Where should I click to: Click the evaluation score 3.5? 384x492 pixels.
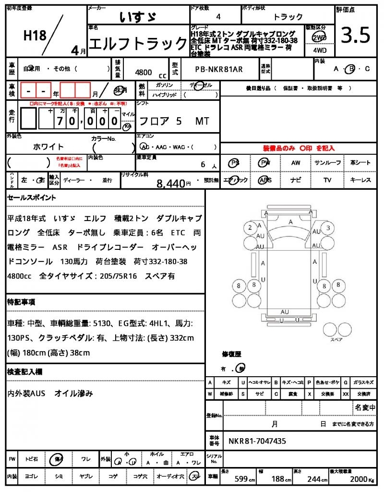click(x=356, y=35)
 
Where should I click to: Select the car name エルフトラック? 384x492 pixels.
click(x=138, y=44)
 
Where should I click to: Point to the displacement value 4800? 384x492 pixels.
click(x=144, y=72)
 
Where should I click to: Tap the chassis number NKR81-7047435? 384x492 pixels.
click(x=257, y=441)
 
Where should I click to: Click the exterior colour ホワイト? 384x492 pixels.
click(x=48, y=147)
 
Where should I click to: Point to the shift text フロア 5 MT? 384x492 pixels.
click(x=173, y=121)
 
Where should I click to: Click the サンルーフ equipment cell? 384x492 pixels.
click(x=329, y=163)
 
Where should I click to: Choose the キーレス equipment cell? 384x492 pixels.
click(x=360, y=180)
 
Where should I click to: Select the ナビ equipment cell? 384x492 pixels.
click(x=296, y=180)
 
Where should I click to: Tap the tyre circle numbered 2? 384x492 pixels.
click(x=250, y=227)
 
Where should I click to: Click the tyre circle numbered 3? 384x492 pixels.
click(x=328, y=227)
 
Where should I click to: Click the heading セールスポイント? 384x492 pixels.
click(x=32, y=197)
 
